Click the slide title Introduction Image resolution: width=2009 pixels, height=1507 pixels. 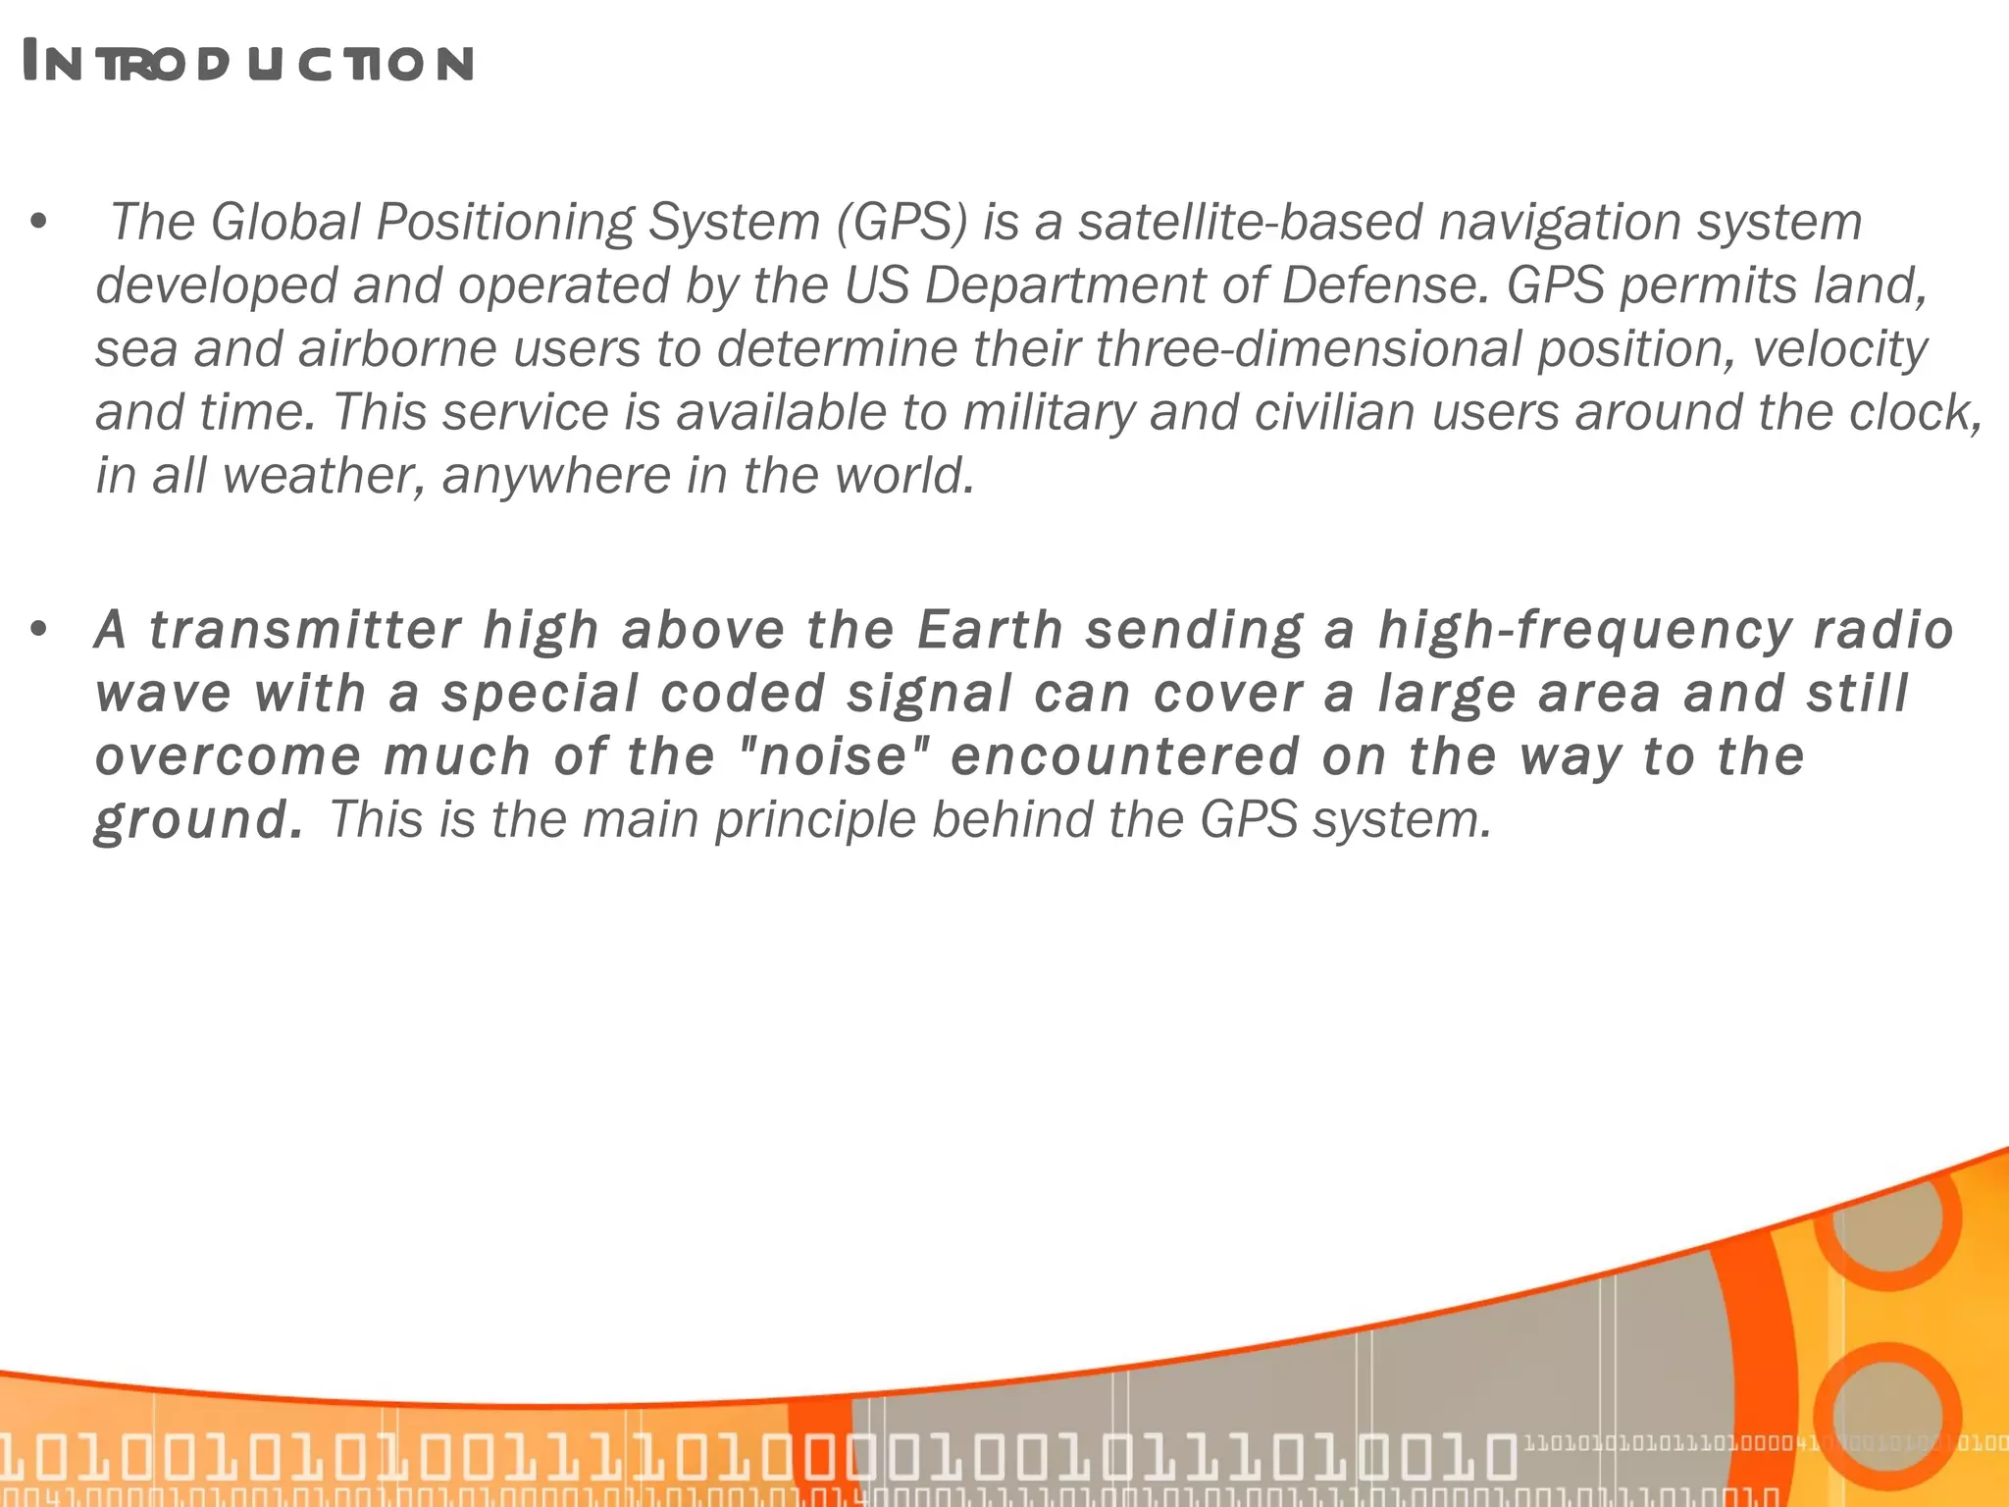pyautogui.click(x=248, y=63)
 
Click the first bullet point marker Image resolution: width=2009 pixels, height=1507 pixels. pyautogui.click(x=39, y=222)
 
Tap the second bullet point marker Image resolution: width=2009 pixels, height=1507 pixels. pyautogui.click(x=39, y=629)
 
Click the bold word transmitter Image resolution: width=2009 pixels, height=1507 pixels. pyautogui.click(x=305, y=629)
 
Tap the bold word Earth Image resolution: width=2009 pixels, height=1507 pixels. pyautogui.click(x=990, y=629)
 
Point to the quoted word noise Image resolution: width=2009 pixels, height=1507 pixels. pyautogui.click(x=833, y=756)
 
